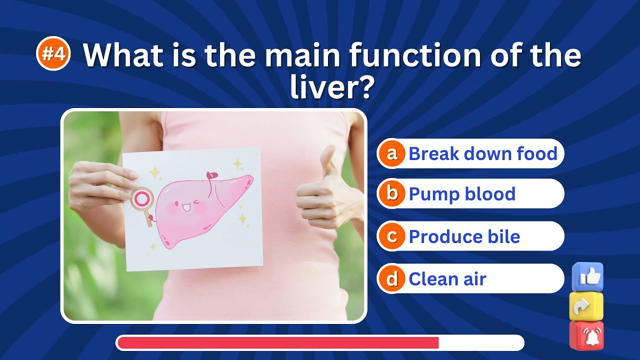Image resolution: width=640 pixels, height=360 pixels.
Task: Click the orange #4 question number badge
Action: (x=53, y=54)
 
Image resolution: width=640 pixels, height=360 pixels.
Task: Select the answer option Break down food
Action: (x=482, y=153)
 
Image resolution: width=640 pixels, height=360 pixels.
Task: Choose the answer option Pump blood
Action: (x=461, y=193)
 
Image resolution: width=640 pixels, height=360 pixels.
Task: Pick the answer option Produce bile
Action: (x=464, y=236)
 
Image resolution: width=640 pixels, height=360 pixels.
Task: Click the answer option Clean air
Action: (x=447, y=279)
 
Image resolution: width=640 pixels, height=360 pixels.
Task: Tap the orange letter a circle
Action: (x=392, y=153)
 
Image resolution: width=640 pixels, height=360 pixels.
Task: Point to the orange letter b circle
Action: (x=392, y=193)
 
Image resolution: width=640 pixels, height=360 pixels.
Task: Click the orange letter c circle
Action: (x=392, y=236)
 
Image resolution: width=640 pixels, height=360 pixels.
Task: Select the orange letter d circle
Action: (x=392, y=279)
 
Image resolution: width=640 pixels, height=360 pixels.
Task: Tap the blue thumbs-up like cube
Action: (x=587, y=276)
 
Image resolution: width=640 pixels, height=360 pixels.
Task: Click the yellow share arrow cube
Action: (x=586, y=306)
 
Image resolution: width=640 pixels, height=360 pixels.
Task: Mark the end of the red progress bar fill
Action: (x=438, y=343)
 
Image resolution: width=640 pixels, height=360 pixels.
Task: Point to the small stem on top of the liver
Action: (x=212, y=176)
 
